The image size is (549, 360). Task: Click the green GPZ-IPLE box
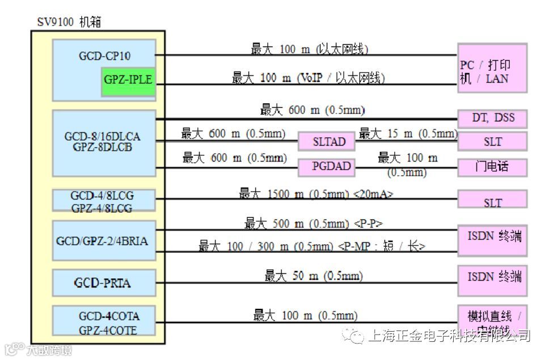pyautogui.click(x=128, y=80)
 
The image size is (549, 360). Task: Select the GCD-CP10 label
pyautogui.click(x=104, y=56)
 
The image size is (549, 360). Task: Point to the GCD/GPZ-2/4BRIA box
pyautogui.click(x=103, y=241)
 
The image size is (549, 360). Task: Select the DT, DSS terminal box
pyautogui.click(x=492, y=118)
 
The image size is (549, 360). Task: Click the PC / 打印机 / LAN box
pyautogui.click(x=492, y=68)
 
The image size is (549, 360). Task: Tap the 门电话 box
pyautogui.click(x=492, y=167)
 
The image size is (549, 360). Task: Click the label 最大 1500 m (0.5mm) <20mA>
pyautogui.click(x=316, y=194)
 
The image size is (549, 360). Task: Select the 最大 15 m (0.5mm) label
pyautogui.click(x=408, y=134)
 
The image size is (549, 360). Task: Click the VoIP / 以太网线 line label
pyautogui.click(x=308, y=78)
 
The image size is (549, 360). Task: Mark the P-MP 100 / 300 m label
pyautogui.click(x=311, y=246)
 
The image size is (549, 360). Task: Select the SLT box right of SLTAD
pyautogui.click(x=492, y=142)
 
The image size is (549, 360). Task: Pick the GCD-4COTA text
pyautogui.click(x=109, y=316)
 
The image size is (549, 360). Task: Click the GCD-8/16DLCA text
pyautogui.click(x=102, y=137)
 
